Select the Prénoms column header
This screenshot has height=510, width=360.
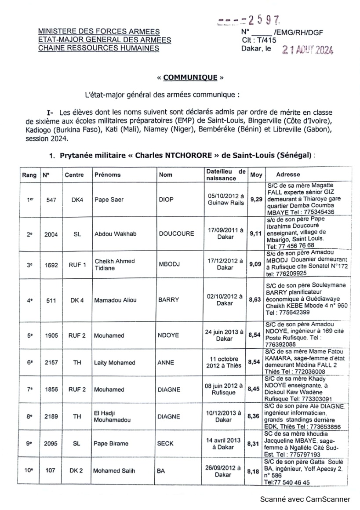click(107, 175)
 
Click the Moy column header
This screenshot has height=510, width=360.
click(256, 175)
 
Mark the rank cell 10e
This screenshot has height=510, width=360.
click(29, 470)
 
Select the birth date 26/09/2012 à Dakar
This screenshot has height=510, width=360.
click(223, 471)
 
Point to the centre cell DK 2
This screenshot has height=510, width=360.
click(76, 470)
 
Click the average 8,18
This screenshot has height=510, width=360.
click(256, 471)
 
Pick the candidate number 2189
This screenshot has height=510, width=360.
click(51, 416)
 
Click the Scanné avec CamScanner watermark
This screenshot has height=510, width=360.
click(305, 499)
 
